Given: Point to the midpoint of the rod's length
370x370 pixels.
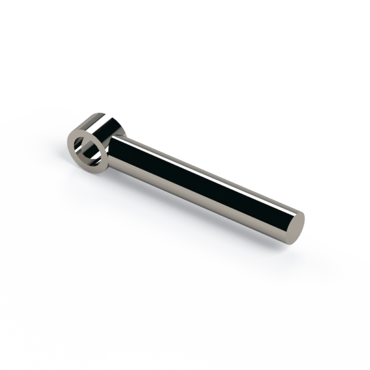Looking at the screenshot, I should (x=197, y=179).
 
